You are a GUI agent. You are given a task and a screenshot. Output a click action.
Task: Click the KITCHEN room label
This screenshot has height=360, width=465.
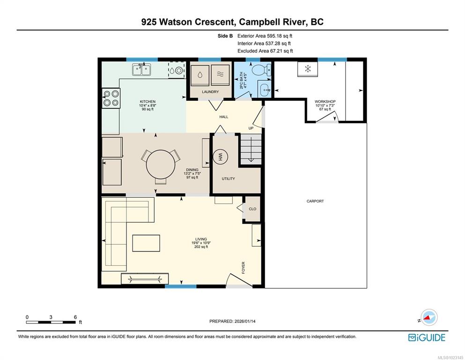pos(148,102)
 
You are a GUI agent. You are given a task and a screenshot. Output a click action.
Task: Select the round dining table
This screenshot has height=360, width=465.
pos(161,164)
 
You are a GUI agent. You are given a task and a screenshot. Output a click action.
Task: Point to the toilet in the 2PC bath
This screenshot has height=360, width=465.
pos(261,70)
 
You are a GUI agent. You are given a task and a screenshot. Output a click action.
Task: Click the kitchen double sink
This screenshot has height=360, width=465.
pos(141,70)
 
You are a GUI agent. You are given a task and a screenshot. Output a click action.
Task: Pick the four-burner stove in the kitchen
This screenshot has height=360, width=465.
pos(111,98)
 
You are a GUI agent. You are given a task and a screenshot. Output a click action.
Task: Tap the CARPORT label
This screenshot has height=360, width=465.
pos(315,201)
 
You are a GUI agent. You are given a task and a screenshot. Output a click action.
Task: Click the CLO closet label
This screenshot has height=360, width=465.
pos(252,209)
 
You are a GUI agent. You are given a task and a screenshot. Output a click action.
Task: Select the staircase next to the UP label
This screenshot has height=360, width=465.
pos(251,149)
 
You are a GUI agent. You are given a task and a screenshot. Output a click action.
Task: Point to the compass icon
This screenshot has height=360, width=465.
pos(429,317)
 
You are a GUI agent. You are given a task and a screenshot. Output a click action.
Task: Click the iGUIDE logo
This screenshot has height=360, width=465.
pos(427,338)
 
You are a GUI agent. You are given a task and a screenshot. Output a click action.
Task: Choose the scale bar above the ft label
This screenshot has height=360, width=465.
pos(51,322)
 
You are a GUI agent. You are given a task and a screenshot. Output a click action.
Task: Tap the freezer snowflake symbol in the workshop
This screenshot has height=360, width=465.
pos(308,69)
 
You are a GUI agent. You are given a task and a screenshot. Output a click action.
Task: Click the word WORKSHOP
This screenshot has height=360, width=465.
pos(325,102)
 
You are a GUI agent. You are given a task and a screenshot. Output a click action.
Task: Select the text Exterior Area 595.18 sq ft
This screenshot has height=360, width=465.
pos(265,36)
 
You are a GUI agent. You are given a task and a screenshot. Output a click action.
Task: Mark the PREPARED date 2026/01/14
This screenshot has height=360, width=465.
pos(244,321)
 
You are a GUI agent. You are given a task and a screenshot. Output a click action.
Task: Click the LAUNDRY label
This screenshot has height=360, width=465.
pos(210,92)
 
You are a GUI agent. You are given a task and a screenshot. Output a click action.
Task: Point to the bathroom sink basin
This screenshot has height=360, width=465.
pos(265,89)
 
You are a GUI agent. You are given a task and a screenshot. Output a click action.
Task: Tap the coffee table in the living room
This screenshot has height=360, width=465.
pos(146,243)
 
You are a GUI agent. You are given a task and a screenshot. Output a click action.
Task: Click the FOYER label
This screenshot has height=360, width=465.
pos(244,267)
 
